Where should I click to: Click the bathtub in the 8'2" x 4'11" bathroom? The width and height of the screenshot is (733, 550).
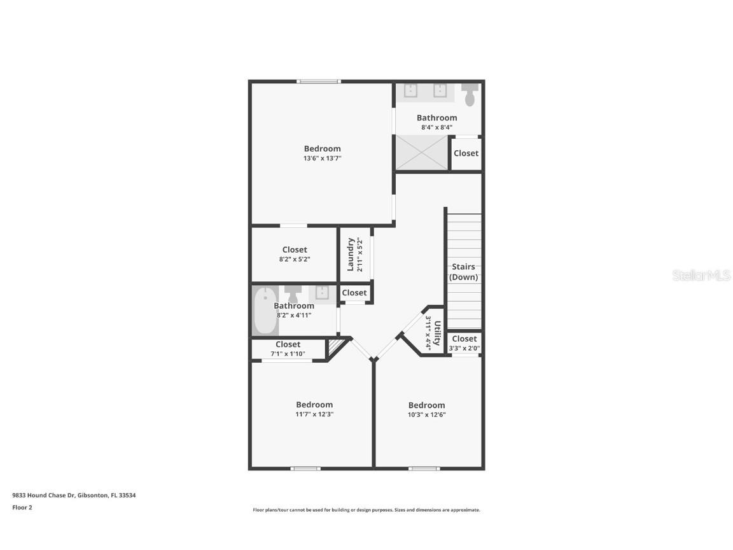[x=265, y=312]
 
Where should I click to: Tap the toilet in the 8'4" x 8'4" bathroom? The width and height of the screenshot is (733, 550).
[x=470, y=95]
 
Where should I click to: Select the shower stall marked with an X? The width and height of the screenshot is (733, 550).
[x=422, y=153]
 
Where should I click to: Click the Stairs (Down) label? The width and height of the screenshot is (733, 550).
[x=464, y=272]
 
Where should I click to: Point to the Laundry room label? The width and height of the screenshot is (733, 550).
[x=351, y=254]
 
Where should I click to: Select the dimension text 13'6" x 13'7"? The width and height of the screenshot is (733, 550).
[x=322, y=159]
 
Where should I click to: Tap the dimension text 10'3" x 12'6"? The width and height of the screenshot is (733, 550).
[x=426, y=415]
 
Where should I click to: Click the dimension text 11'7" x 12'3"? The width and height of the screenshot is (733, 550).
[x=314, y=414]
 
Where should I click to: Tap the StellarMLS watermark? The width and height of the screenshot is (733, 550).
[x=700, y=276]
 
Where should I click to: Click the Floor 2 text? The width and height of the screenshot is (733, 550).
[x=22, y=508]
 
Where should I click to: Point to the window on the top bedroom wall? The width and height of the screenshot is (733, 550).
[x=319, y=81]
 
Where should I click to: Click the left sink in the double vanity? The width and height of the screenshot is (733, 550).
[x=410, y=90]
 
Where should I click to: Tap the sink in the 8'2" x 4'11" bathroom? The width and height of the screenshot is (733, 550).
[x=323, y=293]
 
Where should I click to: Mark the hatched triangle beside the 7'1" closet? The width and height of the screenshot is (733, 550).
[x=335, y=348]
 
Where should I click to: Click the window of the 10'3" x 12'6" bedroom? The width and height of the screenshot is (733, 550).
[x=424, y=469]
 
